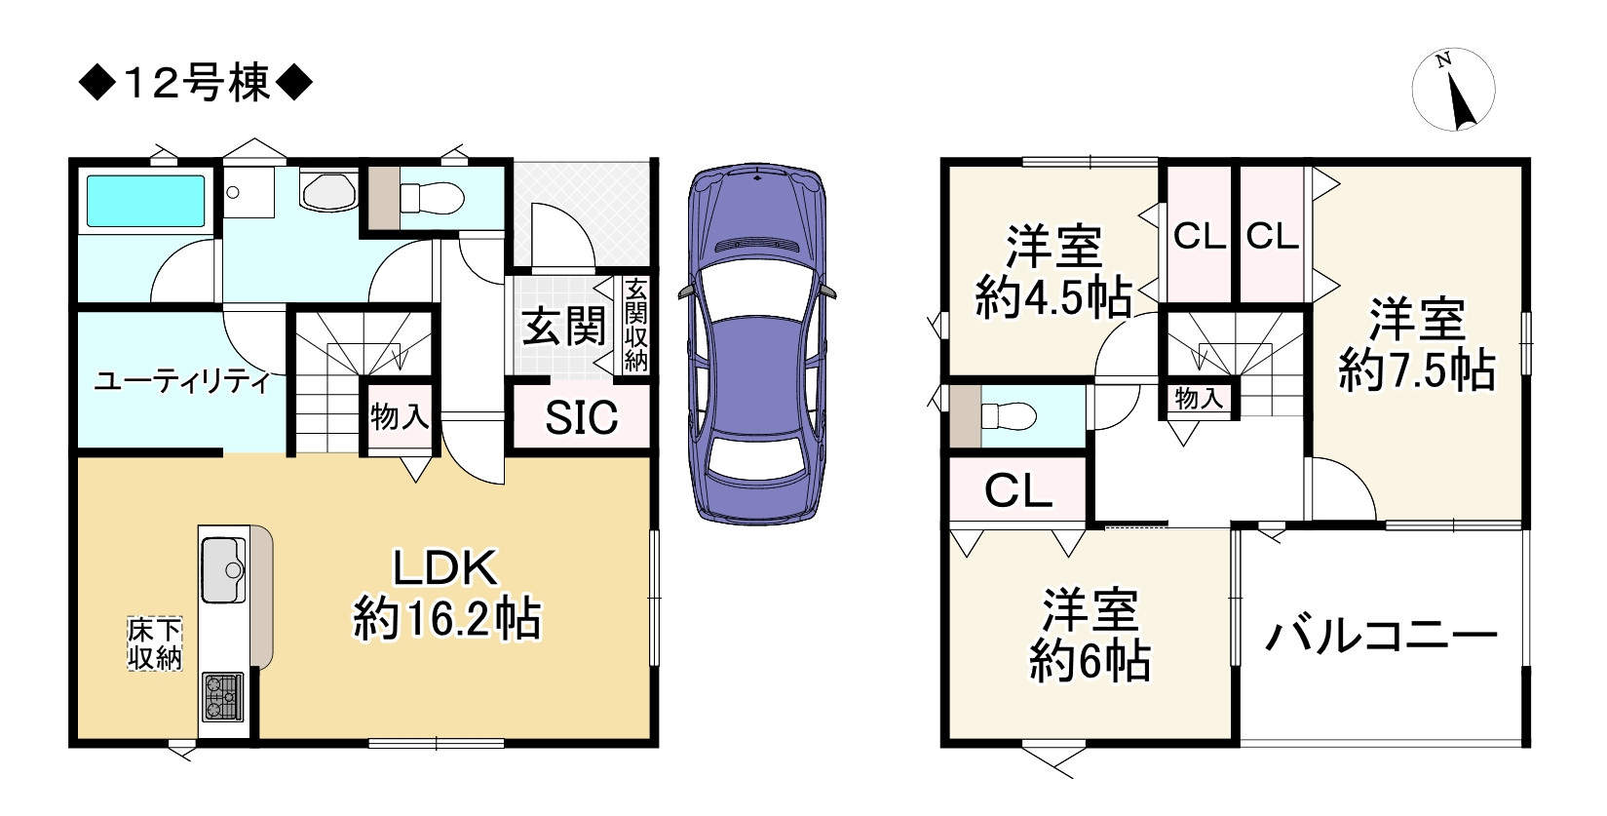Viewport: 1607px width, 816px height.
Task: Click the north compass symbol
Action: point(1453,90)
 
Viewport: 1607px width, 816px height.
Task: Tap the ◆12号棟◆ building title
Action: point(195,83)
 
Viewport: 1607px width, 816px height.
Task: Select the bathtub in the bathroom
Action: point(145,201)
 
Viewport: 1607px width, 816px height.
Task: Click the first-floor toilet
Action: point(431,197)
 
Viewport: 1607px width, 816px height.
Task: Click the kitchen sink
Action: point(224,570)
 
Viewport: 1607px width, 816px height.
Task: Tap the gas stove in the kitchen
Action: point(222,696)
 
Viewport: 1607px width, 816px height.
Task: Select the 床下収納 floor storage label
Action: point(154,643)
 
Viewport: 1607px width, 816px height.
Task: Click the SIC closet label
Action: point(581,417)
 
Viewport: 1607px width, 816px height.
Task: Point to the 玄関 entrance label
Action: point(564,328)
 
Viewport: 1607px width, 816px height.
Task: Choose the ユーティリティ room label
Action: point(181,382)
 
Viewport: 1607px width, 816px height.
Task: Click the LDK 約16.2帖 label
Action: point(446,594)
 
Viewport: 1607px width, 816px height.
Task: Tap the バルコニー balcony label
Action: point(1381,636)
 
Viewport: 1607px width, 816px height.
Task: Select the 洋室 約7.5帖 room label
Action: point(1417,346)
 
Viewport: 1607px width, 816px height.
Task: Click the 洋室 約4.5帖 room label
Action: point(1053,272)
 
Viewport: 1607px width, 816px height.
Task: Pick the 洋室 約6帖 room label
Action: point(1090,636)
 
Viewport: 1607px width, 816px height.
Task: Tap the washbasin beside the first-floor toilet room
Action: point(329,192)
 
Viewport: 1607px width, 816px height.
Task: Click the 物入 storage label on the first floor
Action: point(400,415)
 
